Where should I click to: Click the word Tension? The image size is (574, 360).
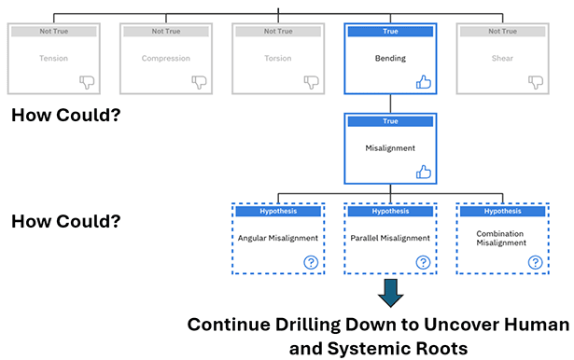pyautogui.click(x=53, y=58)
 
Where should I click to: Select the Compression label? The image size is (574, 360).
pyautogui.click(x=166, y=58)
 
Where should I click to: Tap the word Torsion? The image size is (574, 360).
pyautogui.click(x=278, y=58)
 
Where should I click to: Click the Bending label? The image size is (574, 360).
pyautogui.click(x=390, y=58)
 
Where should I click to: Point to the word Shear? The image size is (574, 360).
pyautogui.click(x=502, y=58)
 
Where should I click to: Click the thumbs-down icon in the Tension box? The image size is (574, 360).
pyautogui.click(x=87, y=82)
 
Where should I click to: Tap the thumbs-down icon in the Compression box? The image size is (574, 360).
pyautogui.click(x=199, y=82)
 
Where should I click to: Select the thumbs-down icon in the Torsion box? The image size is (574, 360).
pyautogui.click(x=312, y=82)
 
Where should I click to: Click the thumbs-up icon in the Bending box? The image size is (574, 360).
pyautogui.click(x=424, y=81)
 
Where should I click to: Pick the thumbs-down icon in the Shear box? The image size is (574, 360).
pyautogui.click(x=536, y=82)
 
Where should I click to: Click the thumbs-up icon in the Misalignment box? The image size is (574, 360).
pyautogui.click(x=424, y=172)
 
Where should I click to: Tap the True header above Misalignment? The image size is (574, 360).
pyautogui.click(x=390, y=121)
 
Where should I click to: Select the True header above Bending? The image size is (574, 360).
pyautogui.click(x=390, y=31)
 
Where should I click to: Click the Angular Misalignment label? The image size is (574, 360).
pyautogui.click(x=278, y=238)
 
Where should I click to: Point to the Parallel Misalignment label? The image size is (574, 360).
pyautogui.click(x=390, y=238)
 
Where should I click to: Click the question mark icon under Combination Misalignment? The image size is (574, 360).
pyautogui.click(x=535, y=262)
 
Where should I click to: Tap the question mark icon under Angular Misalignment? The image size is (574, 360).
pyautogui.click(x=311, y=262)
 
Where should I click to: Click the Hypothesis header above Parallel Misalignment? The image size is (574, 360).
pyautogui.click(x=390, y=211)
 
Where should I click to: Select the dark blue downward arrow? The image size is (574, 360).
pyautogui.click(x=390, y=293)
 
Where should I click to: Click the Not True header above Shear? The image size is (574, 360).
pyautogui.click(x=502, y=31)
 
